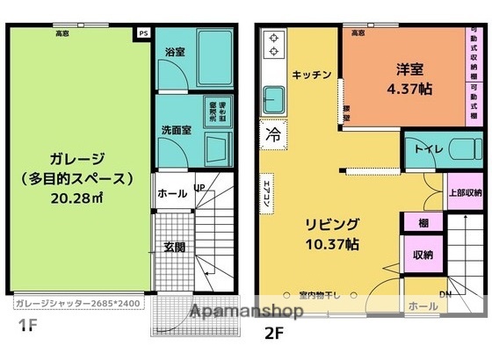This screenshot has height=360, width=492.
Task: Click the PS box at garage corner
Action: (143, 33)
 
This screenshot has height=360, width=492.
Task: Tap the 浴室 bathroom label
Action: (175, 52)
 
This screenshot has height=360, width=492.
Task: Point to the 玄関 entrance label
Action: (174, 247)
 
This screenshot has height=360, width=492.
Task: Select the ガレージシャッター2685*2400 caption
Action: (77, 305)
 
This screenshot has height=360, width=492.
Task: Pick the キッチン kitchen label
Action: (312, 75)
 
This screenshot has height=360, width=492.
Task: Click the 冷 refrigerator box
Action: (272, 135)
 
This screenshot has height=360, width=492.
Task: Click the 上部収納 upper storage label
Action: (464, 192)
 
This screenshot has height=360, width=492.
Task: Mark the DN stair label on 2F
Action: (446, 294)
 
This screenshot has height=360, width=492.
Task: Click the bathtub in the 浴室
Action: (213, 54)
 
